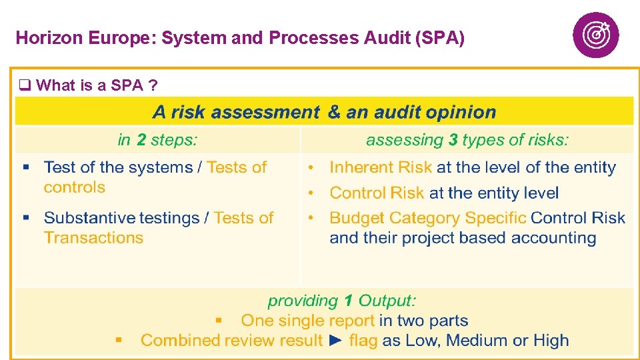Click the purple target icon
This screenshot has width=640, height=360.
point(595,35)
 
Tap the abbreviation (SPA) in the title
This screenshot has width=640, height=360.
point(439,38)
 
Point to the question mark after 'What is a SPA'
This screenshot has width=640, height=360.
point(153,85)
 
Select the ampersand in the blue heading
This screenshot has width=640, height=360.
point(334,112)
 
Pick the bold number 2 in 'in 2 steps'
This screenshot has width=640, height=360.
point(141,140)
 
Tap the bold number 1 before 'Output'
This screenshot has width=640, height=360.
point(348,301)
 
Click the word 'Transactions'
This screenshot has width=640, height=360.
point(93,238)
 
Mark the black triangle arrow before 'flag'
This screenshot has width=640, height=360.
point(337,341)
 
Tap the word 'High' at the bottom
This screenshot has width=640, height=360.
point(551,341)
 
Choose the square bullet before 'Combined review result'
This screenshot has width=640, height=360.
point(119,340)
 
